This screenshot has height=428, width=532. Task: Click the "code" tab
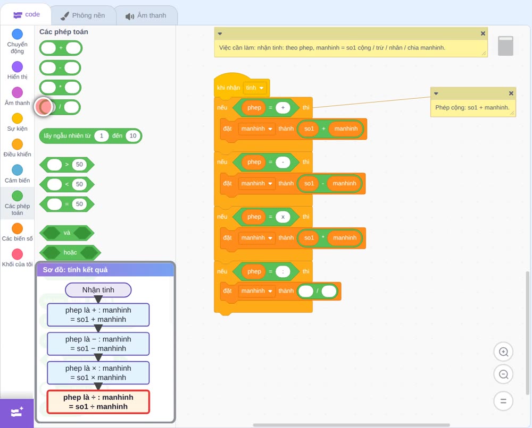coord(26,14)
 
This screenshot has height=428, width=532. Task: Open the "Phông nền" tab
coord(83,15)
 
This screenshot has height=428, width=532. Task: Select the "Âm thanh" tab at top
coord(146,15)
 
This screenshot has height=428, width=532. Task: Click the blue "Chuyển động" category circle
coord(18,34)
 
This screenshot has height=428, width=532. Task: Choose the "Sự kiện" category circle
coord(18,118)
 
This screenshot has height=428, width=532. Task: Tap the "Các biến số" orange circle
coord(18,228)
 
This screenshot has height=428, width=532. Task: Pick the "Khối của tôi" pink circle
coord(18,254)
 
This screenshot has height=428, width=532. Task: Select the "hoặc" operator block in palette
coord(70,253)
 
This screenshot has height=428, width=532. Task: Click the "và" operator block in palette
coord(67,233)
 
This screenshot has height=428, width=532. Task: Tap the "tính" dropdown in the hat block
coord(255,88)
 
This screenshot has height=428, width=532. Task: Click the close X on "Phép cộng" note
coord(511,93)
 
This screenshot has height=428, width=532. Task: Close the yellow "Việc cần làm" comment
coord(483,33)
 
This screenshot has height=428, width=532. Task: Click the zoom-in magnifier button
coord(503,352)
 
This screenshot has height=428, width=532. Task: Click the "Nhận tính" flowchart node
coord(98,290)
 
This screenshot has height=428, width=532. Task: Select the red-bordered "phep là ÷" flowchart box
coord(98,402)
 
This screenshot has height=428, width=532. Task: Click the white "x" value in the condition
coord(283,217)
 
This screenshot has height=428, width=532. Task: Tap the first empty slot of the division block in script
coord(306,291)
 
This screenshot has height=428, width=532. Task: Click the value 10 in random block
coord(132,136)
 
